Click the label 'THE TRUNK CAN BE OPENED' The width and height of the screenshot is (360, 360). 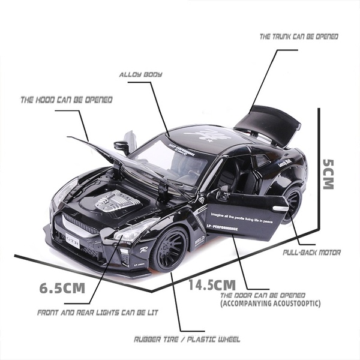[x=299, y=37]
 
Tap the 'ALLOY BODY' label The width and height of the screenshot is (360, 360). [x=140, y=74]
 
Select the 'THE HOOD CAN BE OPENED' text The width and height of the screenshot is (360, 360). [x=67, y=100]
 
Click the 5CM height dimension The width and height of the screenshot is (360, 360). [x=328, y=174]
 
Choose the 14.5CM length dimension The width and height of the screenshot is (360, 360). [x=212, y=284]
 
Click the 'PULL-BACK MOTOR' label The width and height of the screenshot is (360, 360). [x=311, y=253]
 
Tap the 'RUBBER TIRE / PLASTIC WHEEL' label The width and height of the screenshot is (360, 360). [x=187, y=340]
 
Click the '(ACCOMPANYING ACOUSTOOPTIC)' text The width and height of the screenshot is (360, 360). [x=270, y=304]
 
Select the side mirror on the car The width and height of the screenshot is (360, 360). [x=122, y=146]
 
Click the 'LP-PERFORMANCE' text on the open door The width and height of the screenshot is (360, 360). [x=221, y=229]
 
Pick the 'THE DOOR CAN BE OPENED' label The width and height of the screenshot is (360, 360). [x=263, y=296]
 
